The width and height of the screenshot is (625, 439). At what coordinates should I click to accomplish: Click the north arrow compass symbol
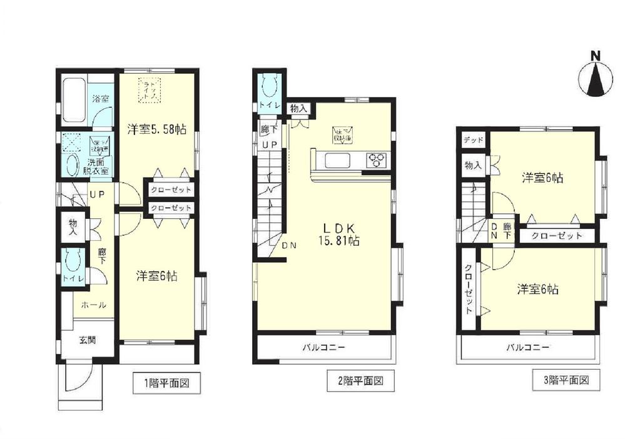(x=597, y=75)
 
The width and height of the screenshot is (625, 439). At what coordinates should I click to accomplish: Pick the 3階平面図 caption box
(x=565, y=378)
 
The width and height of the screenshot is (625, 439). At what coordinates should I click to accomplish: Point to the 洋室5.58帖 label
(x=156, y=129)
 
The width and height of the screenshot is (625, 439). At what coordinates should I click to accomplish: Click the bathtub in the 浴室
(x=73, y=98)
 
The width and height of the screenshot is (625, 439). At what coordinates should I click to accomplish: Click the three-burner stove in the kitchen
(x=375, y=160)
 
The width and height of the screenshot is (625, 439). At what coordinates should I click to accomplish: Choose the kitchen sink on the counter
(x=336, y=162)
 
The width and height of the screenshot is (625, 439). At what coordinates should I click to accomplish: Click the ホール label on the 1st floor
(x=93, y=305)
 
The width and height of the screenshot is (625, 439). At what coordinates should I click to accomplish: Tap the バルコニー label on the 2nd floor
(x=324, y=346)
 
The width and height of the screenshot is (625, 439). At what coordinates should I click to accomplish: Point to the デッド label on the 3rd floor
(x=474, y=139)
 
